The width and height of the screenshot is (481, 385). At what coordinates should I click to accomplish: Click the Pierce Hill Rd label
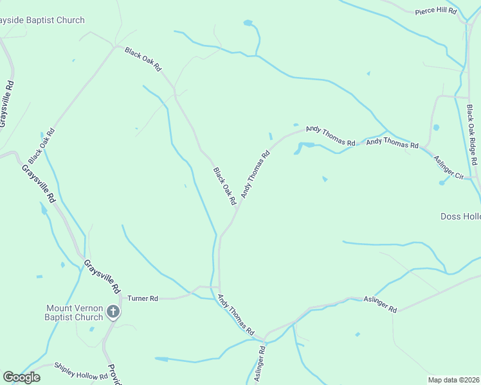pos(435,12)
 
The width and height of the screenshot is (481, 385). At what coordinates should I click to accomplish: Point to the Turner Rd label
pos(143,298)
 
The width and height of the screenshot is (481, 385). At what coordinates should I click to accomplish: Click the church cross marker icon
pos(113,312)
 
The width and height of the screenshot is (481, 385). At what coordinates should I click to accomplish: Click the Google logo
pos(21,377)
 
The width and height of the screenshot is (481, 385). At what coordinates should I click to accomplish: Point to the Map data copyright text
pos(454,380)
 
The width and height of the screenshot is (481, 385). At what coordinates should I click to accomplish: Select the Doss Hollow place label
pos(460,217)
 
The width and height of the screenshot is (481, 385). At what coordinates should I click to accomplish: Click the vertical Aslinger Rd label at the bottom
pos(259,364)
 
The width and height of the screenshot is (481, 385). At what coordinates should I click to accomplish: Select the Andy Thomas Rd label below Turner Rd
pos(236,314)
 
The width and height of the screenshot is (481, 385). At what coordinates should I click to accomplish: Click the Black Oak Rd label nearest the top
pos(143,59)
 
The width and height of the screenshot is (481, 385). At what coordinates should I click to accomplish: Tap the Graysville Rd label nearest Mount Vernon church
pos(102,277)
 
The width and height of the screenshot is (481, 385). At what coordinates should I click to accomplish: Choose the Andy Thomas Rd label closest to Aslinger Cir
pos(392,143)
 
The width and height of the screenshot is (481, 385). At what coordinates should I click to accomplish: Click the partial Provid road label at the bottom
pos(114,375)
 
